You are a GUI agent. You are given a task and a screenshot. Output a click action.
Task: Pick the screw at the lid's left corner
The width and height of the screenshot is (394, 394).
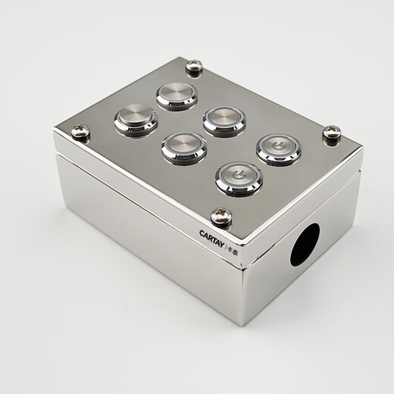80,133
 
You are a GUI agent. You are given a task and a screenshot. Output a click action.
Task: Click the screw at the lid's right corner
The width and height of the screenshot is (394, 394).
332,133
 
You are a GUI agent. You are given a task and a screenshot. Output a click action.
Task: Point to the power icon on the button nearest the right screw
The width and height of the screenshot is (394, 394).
278,145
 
